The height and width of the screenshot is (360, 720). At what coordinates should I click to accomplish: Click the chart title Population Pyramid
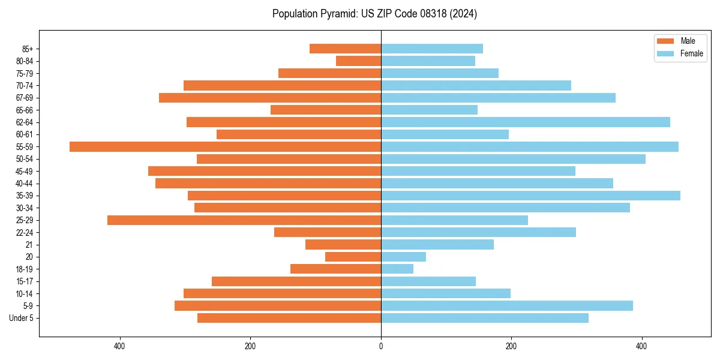[374, 14]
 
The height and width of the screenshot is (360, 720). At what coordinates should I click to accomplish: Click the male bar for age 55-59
[225, 146]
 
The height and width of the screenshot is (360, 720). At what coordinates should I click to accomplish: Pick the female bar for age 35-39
[530, 196]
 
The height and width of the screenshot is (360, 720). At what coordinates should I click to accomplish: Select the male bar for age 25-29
[244, 220]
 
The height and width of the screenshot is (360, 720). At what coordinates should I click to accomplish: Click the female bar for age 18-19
[397, 269]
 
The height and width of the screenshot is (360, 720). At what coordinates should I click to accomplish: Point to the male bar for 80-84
[358, 61]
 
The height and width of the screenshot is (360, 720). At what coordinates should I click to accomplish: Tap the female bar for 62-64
[526, 122]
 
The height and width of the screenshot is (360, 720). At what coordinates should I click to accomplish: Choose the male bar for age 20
[353, 257]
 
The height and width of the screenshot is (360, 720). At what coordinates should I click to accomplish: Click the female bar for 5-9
[507, 305]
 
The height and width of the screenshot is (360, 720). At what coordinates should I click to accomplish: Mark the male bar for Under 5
[289, 318]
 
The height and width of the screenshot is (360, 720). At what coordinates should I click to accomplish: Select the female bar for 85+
[432, 49]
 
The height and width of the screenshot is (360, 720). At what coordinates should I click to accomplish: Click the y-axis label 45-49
[24, 171]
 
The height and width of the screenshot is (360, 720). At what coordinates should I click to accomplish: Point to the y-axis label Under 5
[22, 318]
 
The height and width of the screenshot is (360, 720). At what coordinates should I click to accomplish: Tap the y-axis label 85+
[26, 49]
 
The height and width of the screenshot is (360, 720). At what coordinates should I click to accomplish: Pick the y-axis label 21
[29, 245]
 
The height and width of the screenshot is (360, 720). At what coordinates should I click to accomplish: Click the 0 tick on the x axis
[381, 346]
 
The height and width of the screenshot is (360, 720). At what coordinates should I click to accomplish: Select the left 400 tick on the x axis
[119, 346]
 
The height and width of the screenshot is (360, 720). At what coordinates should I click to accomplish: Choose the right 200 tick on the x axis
[511, 346]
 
